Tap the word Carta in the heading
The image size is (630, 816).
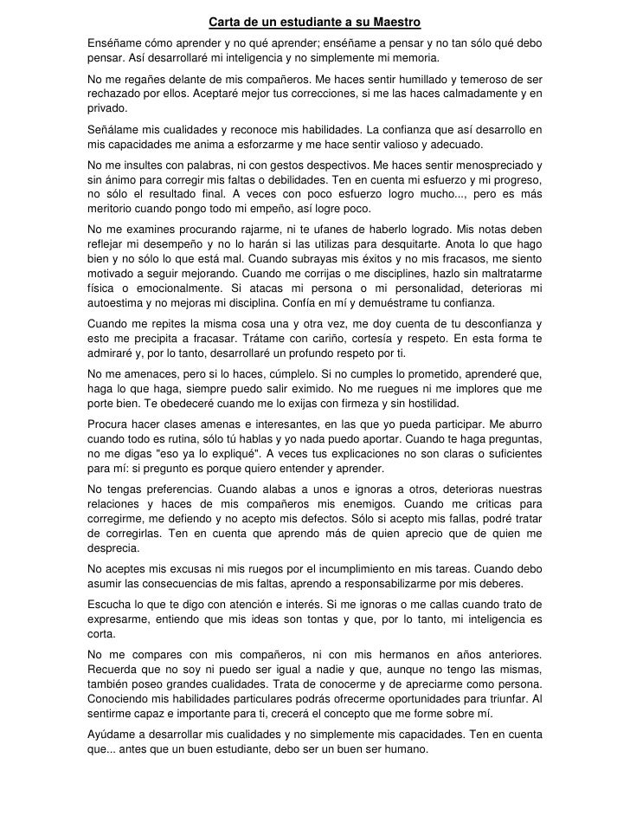click(x=224, y=22)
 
